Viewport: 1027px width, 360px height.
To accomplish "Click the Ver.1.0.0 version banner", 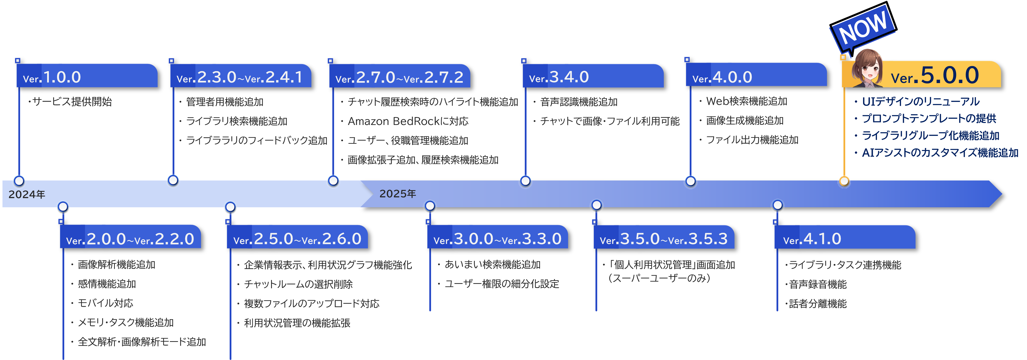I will (x=87, y=76).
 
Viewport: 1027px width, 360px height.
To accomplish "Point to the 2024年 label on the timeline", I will (x=27, y=194).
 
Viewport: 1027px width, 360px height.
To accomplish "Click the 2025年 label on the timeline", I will (x=398, y=193).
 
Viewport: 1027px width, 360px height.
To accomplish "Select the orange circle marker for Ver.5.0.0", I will (x=844, y=181).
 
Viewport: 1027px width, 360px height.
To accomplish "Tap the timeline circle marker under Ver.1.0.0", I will (x=19, y=180).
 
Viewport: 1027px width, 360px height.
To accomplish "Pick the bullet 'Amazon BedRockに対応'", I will (x=408, y=121).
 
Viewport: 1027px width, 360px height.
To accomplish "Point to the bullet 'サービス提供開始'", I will (x=72, y=102).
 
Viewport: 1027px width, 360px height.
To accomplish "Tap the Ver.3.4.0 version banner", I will (x=593, y=76).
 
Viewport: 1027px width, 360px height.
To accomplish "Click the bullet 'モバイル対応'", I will (x=105, y=303).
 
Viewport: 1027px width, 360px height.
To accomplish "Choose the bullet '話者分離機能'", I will (x=817, y=304).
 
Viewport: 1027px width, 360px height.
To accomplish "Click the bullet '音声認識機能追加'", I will (x=579, y=102).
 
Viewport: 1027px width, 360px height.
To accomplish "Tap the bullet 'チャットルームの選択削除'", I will (x=298, y=284).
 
